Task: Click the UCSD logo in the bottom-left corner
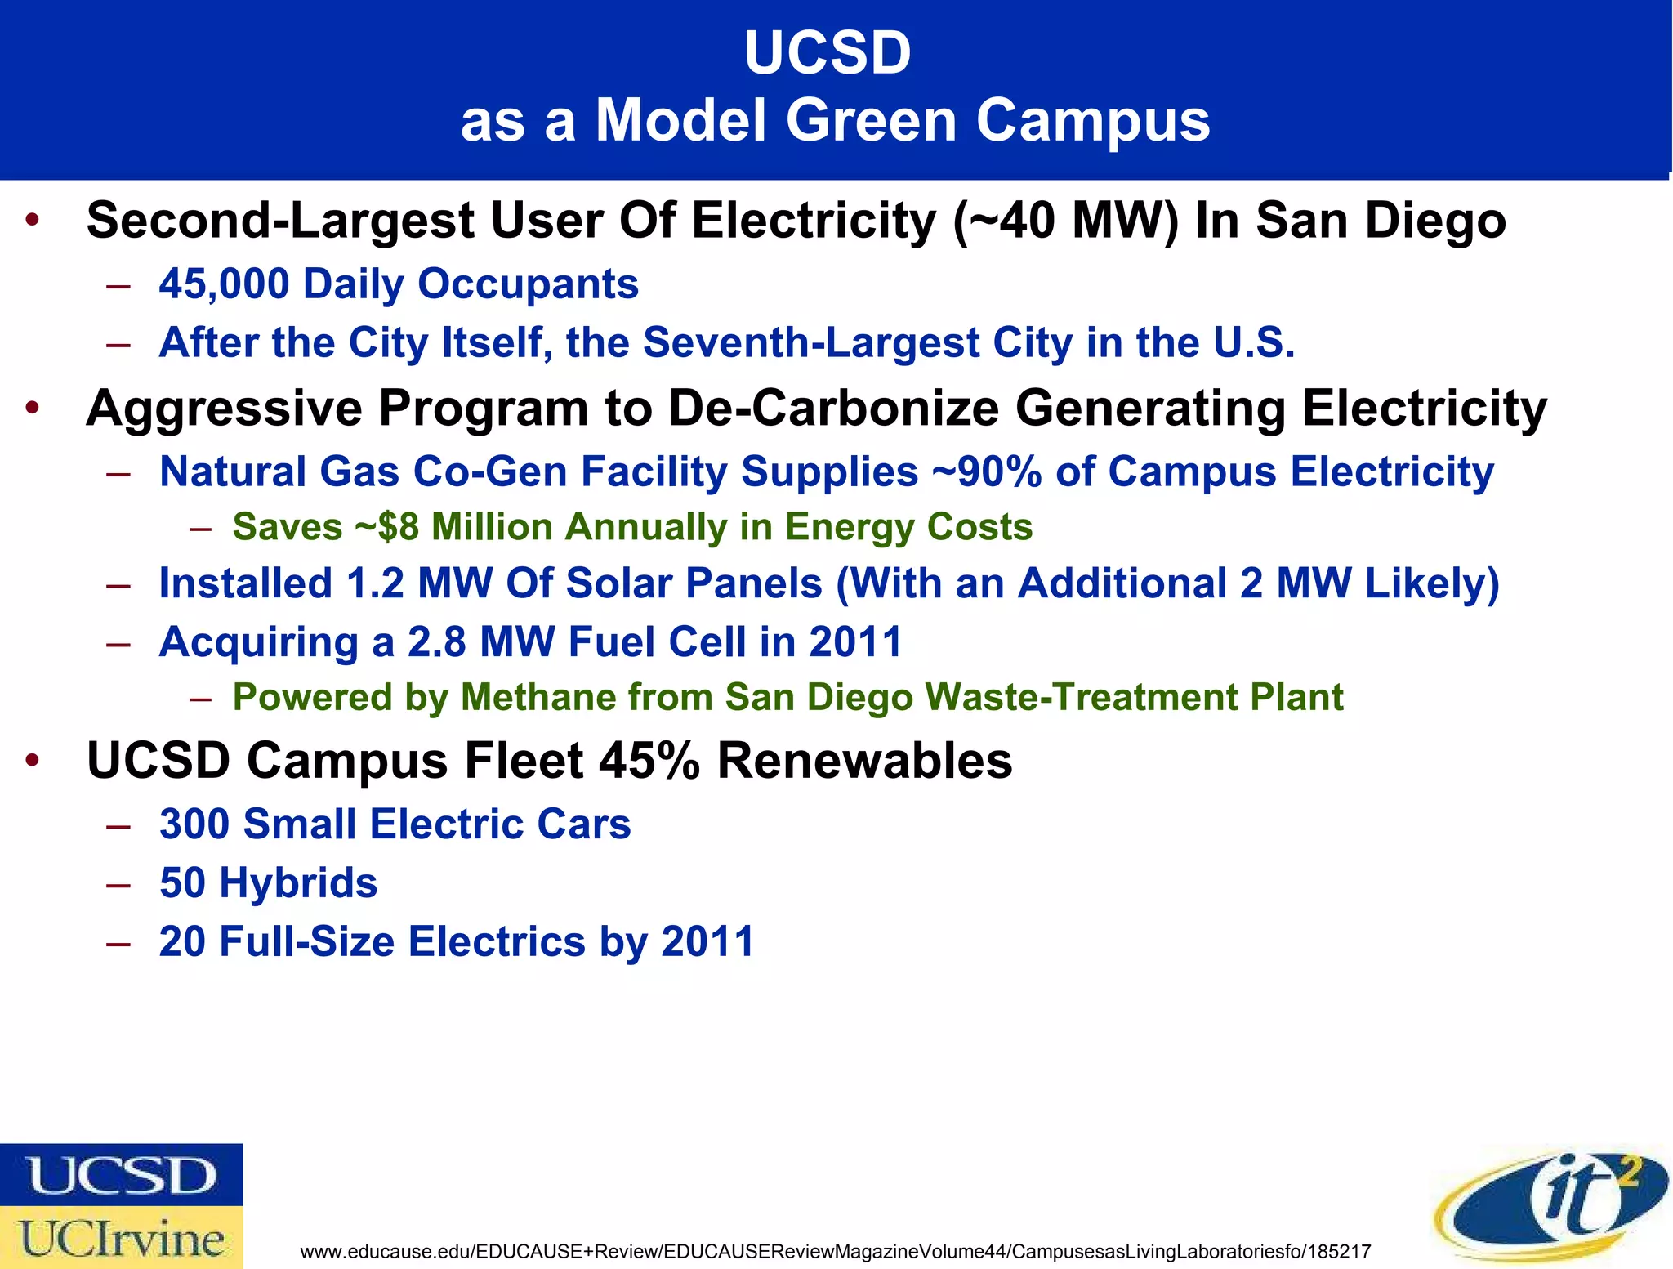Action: coord(121,1174)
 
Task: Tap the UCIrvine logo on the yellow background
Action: coord(121,1238)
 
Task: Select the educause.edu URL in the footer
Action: coord(835,1252)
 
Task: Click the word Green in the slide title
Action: coord(870,121)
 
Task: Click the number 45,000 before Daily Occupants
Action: coord(224,284)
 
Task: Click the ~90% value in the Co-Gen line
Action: coord(987,472)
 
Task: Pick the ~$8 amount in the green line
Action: coord(386,527)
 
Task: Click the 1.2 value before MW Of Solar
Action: coord(375,583)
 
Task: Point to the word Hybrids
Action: coord(298,882)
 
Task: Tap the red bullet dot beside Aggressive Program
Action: coord(31,408)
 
